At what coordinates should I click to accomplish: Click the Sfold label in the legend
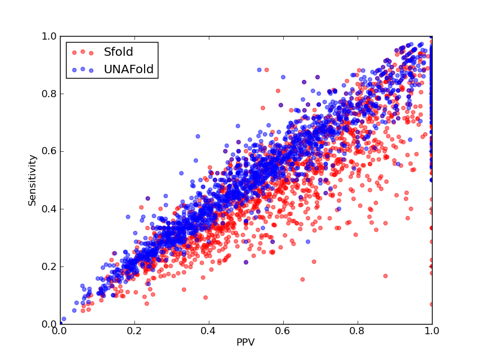tap(118, 52)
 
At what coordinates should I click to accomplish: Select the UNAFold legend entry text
tap(128, 70)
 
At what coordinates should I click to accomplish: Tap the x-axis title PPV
tap(245, 342)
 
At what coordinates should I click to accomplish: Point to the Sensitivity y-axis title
tap(32, 181)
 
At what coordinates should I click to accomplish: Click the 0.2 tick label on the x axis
tap(134, 331)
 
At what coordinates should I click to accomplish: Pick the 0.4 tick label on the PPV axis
tap(209, 331)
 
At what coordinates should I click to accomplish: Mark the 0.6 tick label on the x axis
tap(283, 331)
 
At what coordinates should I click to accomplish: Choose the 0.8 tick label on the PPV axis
tap(358, 331)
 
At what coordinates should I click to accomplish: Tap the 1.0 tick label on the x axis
tap(432, 331)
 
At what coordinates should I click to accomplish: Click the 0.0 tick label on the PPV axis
tap(60, 331)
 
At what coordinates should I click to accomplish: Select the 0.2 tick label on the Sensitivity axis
tap(49, 266)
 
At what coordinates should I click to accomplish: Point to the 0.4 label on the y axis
tap(49, 209)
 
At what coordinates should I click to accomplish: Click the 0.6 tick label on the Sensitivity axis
tap(49, 152)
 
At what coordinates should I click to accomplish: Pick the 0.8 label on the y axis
tap(49, 94)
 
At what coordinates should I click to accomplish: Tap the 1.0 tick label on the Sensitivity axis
tap(49, 37)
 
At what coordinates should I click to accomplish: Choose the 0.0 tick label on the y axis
tap(49, 324)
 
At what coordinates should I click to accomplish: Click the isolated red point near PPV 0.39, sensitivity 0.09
tap(205, 298)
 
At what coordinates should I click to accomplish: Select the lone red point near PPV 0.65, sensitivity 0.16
tap(302, 280)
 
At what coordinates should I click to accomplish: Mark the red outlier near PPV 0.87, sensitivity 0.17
tap(385, 276)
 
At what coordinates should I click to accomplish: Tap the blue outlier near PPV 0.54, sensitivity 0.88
tap(259, 70)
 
